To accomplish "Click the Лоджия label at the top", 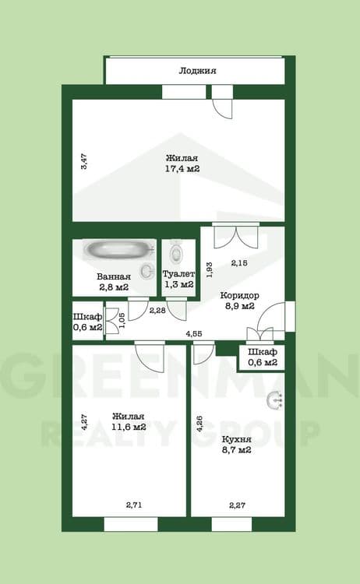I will [x=197, y=71].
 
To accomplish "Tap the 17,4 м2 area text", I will [x=181, y=168].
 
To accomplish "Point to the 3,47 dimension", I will [x=84, y=162].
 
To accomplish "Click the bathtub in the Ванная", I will [x=120, y=250].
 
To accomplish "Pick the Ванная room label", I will [x=113, y=276].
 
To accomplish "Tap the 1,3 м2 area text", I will [x=178, y=287].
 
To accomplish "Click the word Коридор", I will [x=239, y=295].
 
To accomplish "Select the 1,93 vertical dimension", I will [x=208, y=269].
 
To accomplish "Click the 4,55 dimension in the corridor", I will [x=194, y=334].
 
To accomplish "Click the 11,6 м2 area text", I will [x=129, y=427].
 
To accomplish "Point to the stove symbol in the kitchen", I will [x=274, y=399].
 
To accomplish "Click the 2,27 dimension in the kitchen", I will [x=238, y=506].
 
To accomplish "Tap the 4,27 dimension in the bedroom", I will [x=83, y=422].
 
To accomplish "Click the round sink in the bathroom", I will [x=146, y=270].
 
